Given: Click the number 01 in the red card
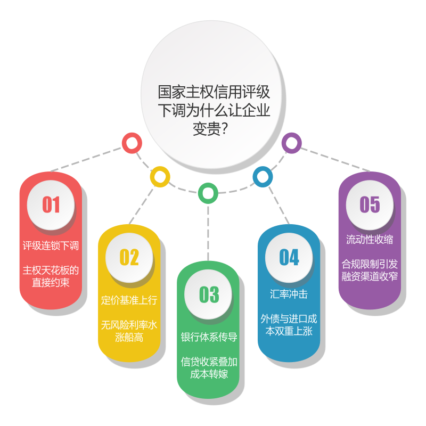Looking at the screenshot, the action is tap(51, 204).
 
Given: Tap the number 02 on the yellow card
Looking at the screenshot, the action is tap(129, 257).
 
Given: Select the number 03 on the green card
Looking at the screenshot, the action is tap(209, 294).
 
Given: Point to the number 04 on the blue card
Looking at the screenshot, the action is tap(289, 257).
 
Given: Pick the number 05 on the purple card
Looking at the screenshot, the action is tap(370, 204).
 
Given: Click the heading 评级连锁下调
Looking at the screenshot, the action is tap(51, 245).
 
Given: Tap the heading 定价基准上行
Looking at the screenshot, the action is tap(129, 300).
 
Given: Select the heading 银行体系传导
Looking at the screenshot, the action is tap(209, 337).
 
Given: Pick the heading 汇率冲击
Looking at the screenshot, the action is tap(289, 294).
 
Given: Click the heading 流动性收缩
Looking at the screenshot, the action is tap(370, 240).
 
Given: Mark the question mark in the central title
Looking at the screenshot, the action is tap(224, 129).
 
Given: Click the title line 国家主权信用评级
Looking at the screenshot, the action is tap(214, 92).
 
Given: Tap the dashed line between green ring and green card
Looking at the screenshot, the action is tap(208, 233).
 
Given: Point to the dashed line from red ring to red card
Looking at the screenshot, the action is tap(86, 159).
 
